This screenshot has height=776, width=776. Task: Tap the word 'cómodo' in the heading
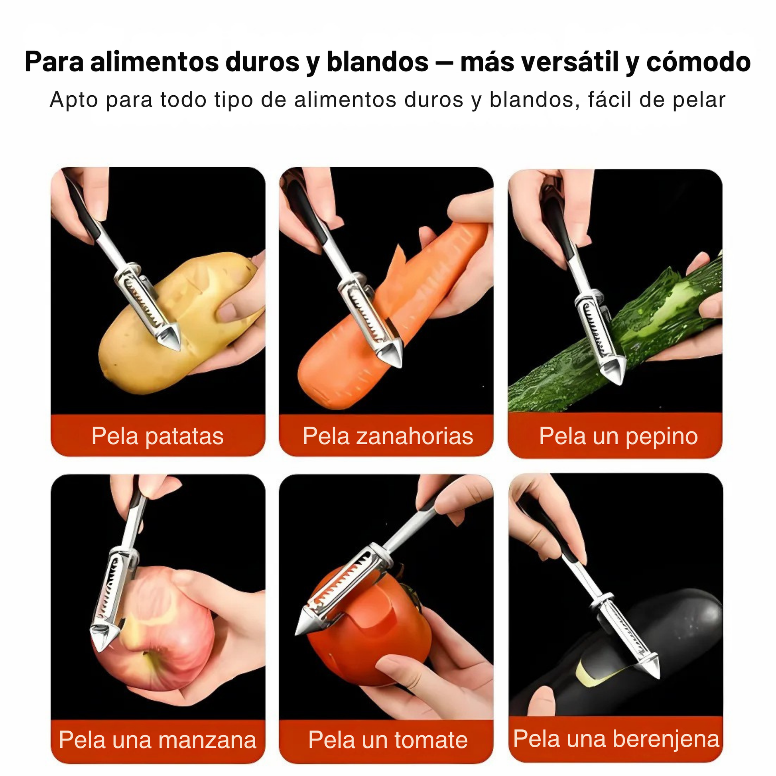699,62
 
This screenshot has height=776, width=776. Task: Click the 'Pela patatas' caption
158,436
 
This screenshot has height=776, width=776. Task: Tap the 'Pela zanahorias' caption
388,436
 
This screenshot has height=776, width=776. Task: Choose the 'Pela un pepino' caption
618,436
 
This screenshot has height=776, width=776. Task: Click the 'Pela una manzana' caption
158,740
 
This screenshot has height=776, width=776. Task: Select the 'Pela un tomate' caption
388,740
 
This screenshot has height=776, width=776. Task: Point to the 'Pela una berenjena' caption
616,739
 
